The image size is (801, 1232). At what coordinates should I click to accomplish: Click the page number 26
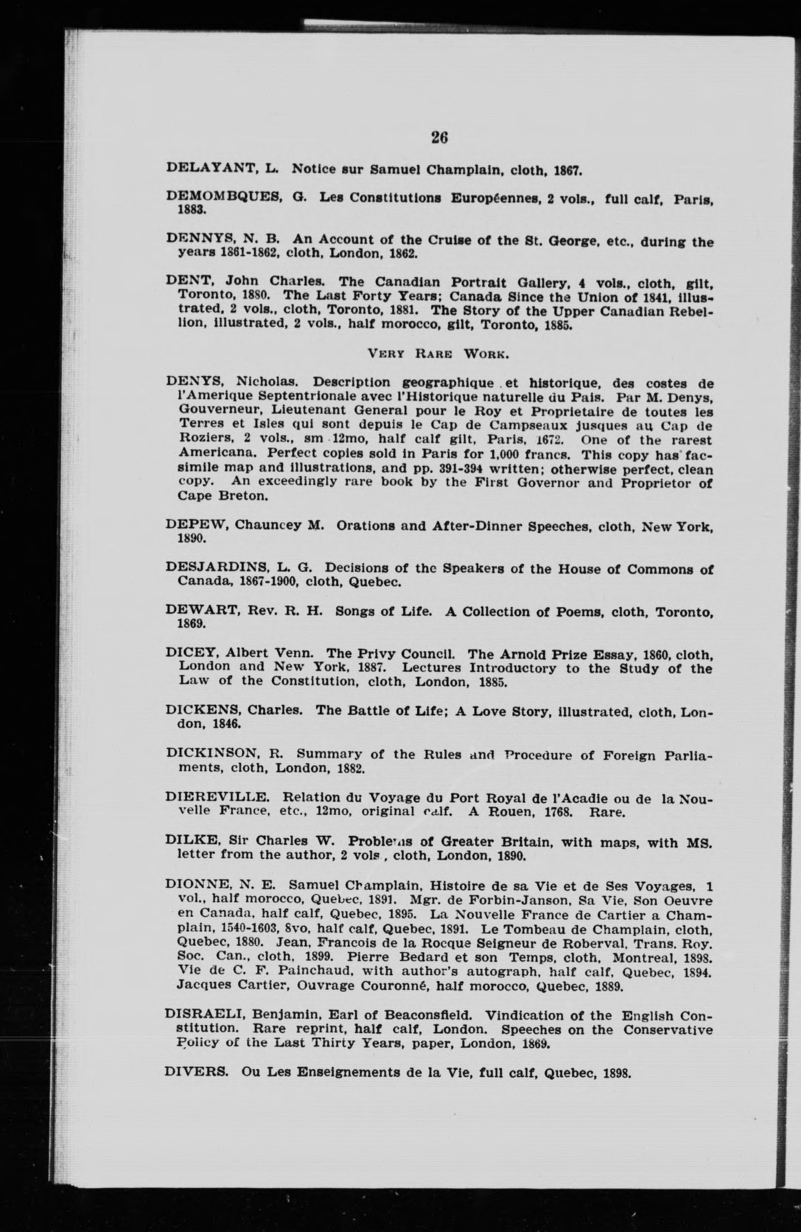439,138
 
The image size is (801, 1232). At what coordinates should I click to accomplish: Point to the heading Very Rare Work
438,355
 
